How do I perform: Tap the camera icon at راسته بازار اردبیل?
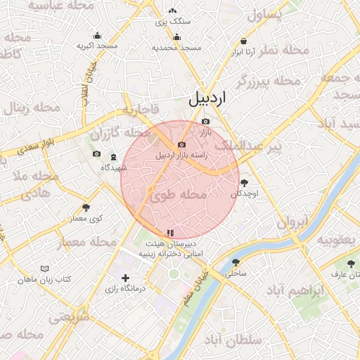click(181, 144)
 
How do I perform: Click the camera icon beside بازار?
click(205, 122)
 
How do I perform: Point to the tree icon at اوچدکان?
click(244, 183)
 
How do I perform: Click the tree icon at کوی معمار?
click(86, 207)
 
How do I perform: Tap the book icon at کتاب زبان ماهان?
click(45, 269)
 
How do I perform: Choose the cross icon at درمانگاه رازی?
click(126, 278)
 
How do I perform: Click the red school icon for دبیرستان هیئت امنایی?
click(169, 233)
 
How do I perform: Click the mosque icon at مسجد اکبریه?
click(97, 35)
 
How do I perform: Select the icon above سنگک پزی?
click(173, 11)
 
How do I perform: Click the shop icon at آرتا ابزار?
click(243, 41)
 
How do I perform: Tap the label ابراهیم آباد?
click(297, 290)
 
